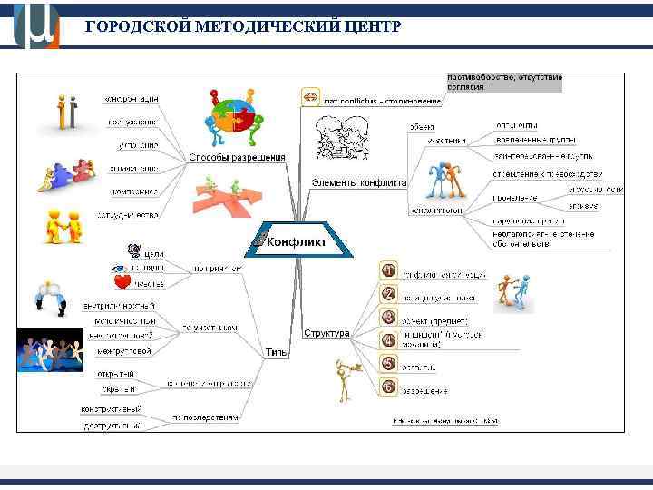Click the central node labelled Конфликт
(x=296, y=242)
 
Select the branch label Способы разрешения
(x=236, y=157)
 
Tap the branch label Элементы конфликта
(x=358, y=181)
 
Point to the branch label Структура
(x=326, y=333)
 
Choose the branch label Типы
(x=277, y=351)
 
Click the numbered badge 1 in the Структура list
(x=387, y=270)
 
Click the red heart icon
(x=122, y=282)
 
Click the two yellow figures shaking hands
(x=63, y=226)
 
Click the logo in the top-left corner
(x=36, y=24)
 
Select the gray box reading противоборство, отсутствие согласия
(x=504, y=82)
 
